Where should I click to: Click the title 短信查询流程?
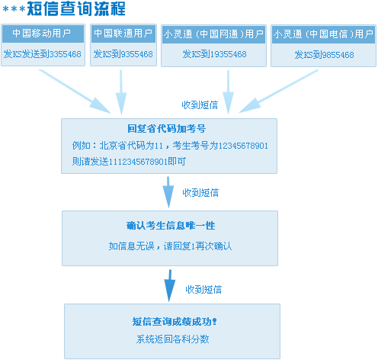tap(76, 9)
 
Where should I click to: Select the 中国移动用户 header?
tap(43, 34)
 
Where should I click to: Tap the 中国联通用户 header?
tap(123, 34)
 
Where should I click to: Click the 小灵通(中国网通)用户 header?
tap(213, 34)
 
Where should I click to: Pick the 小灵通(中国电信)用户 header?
tap(323, 34)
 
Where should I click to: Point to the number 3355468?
tap(65, 54)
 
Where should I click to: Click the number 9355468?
tap(136, 54)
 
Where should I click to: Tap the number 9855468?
tap(338, 55)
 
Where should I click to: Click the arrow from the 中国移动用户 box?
tap(75, 92)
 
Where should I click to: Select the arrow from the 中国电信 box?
tap(278, 92)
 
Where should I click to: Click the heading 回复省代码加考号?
tap(166, 129)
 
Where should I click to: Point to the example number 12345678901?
tap(243, 146)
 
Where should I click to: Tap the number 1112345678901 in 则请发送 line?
tap(138, 162)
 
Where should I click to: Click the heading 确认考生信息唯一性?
tap(171, 226)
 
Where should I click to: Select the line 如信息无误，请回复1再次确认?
tap(170, 246)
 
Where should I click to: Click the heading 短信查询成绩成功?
tap(175, 322)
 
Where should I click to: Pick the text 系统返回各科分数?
tap(172, 339)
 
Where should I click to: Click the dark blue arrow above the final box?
tap(169, 286)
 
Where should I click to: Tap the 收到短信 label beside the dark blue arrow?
tap(203, 290)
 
